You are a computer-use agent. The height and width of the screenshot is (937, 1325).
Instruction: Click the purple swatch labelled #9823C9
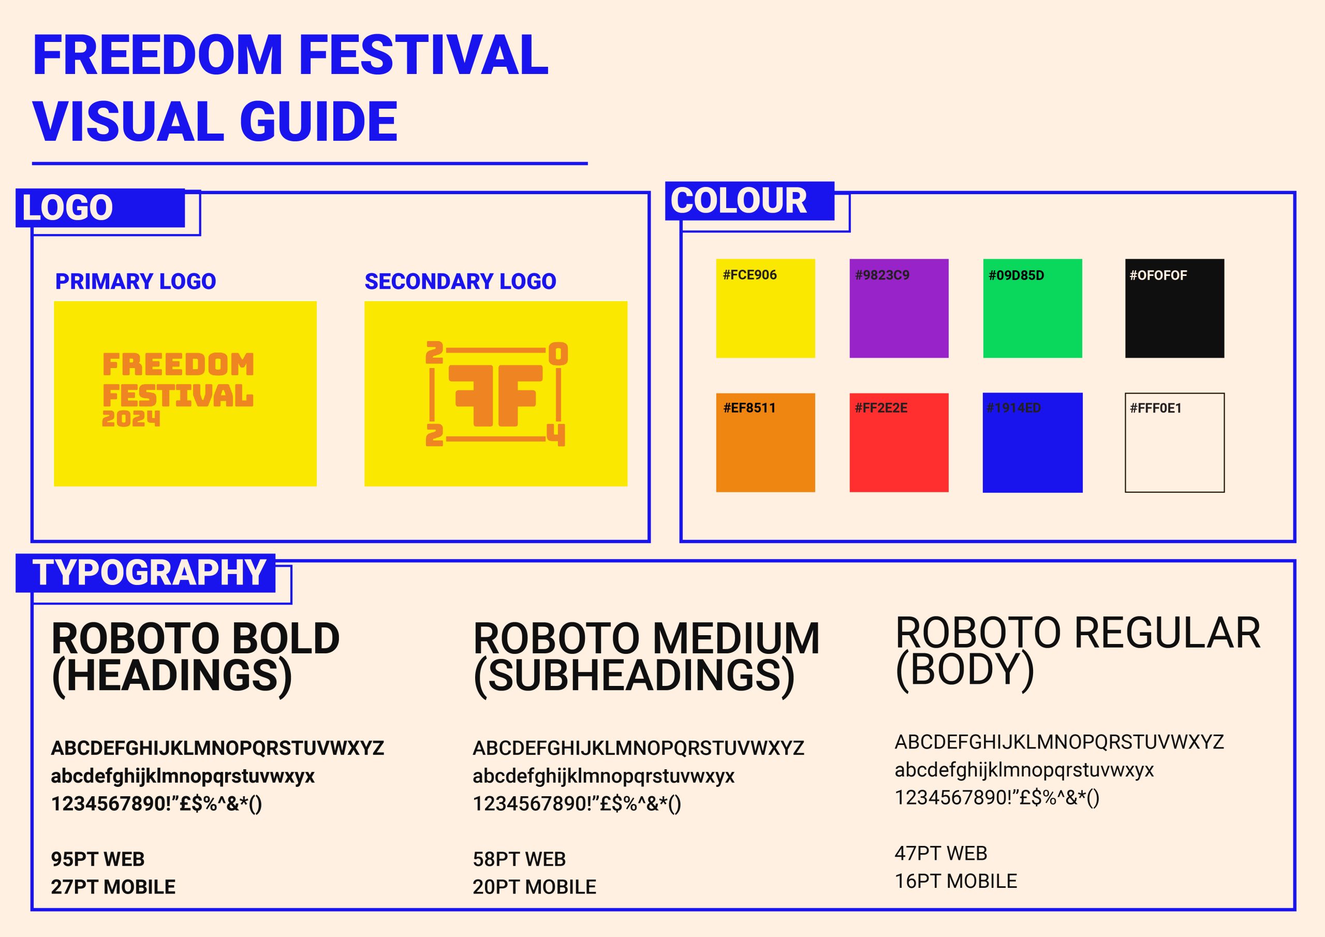coord(899,309)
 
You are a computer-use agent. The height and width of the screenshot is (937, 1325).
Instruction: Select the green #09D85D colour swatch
coord(1033,309)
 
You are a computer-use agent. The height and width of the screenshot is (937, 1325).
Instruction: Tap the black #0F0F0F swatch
coord(1174,309)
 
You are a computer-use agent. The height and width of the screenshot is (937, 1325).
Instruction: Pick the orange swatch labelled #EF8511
coord(765,443)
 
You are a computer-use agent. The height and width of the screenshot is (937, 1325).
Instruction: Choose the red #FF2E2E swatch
coord(899,443)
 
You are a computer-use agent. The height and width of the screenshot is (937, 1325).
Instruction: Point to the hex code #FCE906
coord(749,275)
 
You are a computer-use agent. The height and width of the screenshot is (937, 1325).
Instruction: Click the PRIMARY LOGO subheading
coord(136,281)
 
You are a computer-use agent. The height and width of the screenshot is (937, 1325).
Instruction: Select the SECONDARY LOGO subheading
coord(461,281)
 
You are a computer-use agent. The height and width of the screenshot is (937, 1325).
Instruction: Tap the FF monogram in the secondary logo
coord(496,395)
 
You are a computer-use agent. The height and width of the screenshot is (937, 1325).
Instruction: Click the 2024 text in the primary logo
coord(131,419)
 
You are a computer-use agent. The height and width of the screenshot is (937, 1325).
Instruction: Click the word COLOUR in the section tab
coord(739,201)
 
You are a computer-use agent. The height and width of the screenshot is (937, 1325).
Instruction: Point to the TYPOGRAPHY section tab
coord(145,573)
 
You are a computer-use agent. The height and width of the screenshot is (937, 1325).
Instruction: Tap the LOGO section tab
coord(100,208)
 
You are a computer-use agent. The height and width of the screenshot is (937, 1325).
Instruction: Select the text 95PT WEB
coord(97,859)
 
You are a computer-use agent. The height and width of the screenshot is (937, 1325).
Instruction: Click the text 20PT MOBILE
coord(534,887)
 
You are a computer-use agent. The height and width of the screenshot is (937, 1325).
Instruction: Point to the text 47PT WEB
coord(940,853)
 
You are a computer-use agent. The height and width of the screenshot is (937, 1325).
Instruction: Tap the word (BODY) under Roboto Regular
coord(964,670)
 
